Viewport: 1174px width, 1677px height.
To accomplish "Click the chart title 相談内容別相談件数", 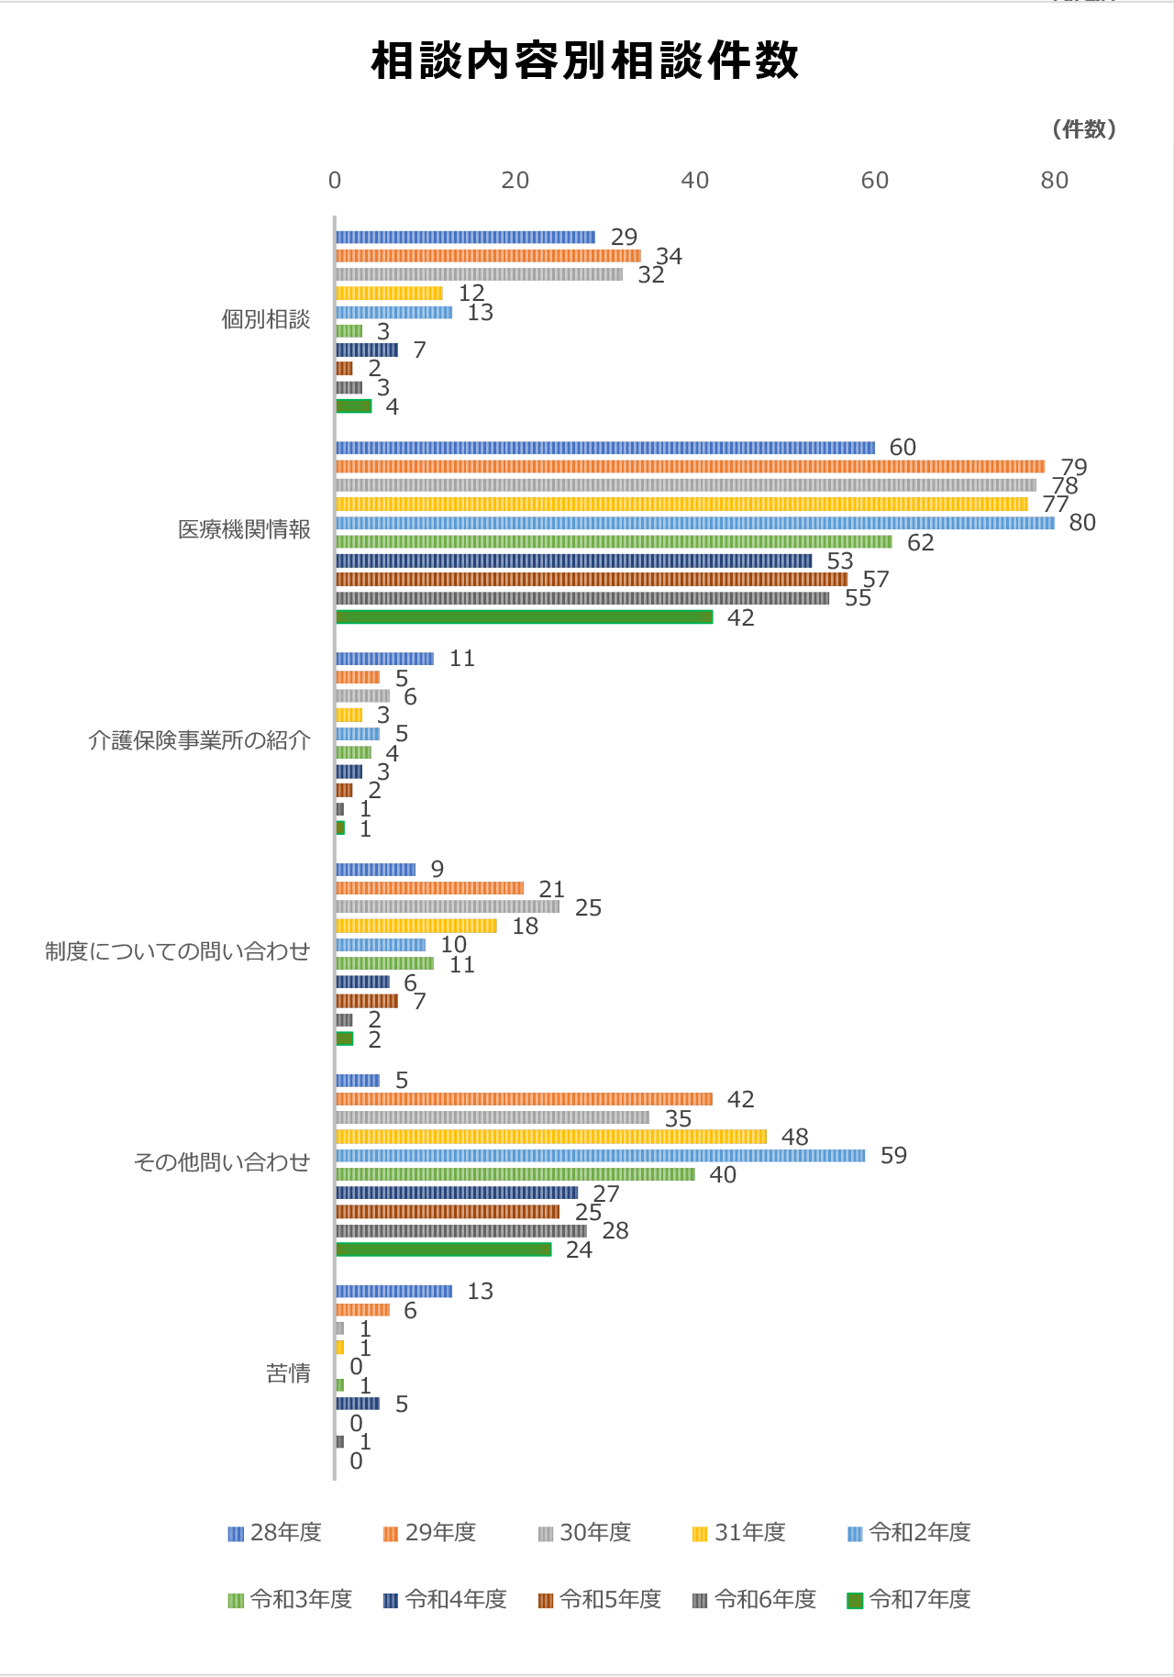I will (x=585, y=61).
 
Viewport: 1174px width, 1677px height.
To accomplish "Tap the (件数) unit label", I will (x=1084, y=129).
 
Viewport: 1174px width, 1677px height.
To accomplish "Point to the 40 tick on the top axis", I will (x=695, y=181).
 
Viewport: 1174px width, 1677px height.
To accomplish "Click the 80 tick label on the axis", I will (x=1055, y=181).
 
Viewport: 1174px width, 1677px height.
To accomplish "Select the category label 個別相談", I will (x=266, y=320).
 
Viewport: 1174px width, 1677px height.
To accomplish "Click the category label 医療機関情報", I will (x=244, y=530).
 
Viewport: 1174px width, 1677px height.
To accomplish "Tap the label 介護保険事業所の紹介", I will (x=199, y=741).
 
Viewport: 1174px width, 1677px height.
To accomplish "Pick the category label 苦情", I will (x=288, y=1373).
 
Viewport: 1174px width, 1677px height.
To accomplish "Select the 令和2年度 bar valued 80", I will (x=694, y=523).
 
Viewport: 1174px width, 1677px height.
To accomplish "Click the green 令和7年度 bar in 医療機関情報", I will (x=524, y=617).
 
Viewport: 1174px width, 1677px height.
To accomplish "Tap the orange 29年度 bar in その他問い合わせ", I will (x=524, y=1099).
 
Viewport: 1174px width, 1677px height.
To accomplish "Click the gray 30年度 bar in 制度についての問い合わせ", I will (x=447, y=907).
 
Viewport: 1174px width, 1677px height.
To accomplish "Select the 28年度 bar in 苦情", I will (x=393, y=1292).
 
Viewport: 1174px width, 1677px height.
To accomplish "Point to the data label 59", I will (x=893, y=1156).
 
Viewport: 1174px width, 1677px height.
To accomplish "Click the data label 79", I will (x=1073, y=467).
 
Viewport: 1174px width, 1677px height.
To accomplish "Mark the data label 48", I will (x=794, y=1138).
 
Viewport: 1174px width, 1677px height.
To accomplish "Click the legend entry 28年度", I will (x=275, y=1533).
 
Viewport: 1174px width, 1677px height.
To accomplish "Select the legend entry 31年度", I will (x=739, y=1533).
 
